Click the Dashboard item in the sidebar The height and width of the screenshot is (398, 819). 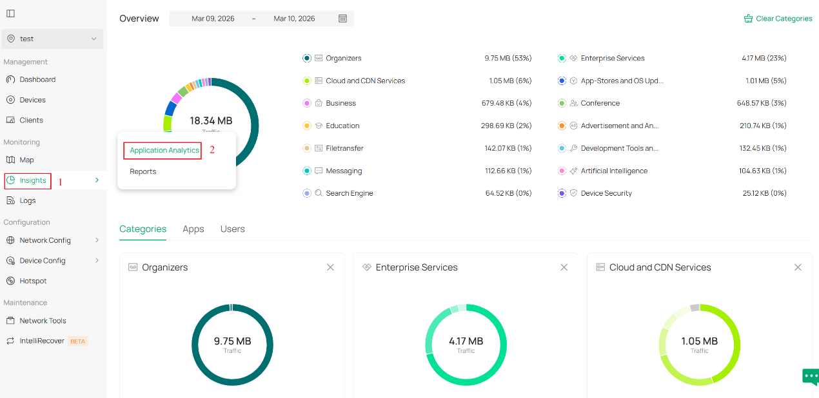[37, 79]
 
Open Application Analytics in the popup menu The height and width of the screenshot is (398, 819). [164, 150]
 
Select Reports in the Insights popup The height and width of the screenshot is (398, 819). [143, 171]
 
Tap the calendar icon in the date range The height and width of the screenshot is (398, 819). [343, 19]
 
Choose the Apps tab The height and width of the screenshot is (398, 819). [193, 229]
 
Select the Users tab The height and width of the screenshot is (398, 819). [233, 229]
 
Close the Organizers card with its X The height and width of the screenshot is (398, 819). [330, 267]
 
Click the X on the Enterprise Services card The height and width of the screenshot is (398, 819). [564, 267]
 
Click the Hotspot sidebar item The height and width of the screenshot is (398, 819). [33, 281]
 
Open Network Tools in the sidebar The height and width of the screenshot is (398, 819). [43, 321]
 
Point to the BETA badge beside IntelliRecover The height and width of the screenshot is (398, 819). [78, 341]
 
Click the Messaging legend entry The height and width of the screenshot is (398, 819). [344, 171]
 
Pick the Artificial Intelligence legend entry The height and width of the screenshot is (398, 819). [614, 171]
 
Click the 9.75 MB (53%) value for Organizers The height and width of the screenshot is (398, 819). [508, 58]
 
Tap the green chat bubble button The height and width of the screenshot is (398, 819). [810, 377]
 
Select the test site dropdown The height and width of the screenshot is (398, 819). [52, 39]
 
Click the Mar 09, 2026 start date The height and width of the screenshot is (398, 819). [213, 19]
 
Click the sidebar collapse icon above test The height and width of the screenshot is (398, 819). [10, 14]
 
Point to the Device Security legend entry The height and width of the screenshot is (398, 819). [606, 193]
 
